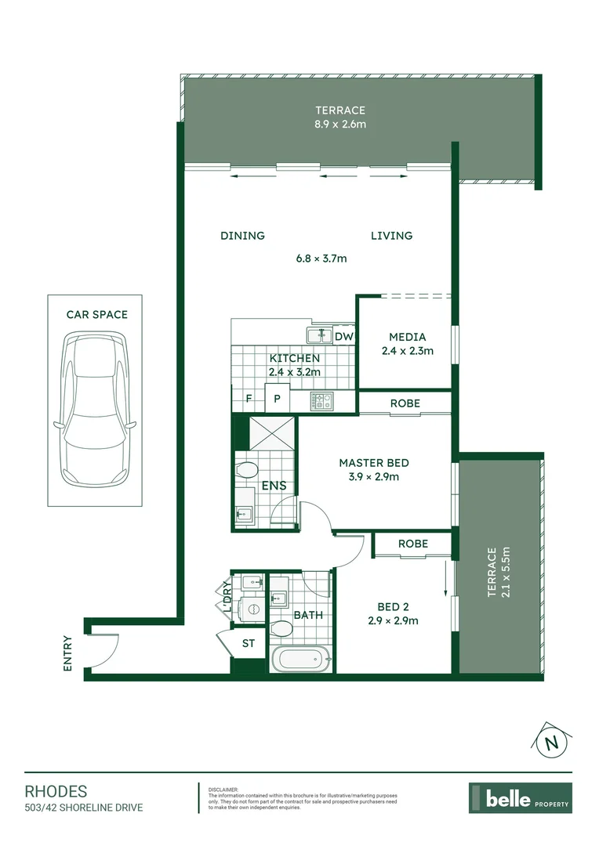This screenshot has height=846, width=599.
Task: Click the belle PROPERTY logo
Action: tap(520, 798)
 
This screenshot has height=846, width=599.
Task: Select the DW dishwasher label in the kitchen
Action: tap(344, 337)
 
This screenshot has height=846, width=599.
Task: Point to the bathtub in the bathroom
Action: tap(301, 660)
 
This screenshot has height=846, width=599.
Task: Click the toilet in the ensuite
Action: tap(248, 472)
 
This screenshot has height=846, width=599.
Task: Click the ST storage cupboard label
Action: tap(249, 644)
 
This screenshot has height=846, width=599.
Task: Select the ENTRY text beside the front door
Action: tap(67, 653)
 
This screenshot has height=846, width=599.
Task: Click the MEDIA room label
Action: tap(407, 337)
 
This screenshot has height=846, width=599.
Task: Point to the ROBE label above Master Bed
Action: tap(405, 403)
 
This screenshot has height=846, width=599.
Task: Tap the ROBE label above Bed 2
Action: tap(412, 544)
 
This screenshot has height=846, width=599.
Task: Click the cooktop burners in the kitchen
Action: tap(322, 401)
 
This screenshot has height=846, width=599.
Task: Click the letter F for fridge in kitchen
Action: tap(249, 399)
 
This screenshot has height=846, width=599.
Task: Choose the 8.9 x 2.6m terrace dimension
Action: tap(340, 124)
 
